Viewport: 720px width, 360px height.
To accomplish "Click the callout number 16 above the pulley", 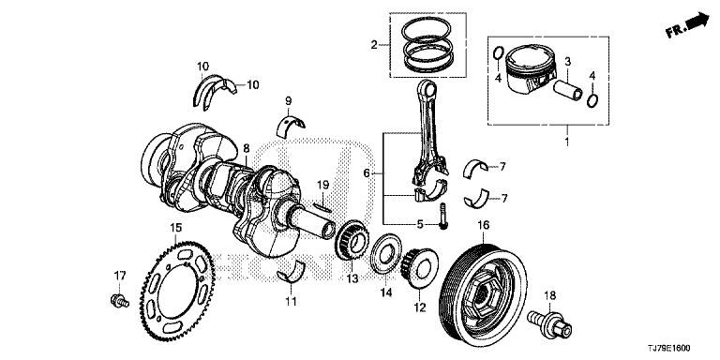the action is pos(484,225).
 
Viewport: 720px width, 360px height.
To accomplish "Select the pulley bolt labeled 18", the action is pos(549,322).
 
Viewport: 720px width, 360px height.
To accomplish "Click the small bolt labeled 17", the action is pos(119,301).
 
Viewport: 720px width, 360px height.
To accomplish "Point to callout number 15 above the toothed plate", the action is pos(176,227).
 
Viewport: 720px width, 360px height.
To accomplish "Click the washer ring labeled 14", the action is pos(386,254).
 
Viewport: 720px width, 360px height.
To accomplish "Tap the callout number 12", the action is pos(420,307).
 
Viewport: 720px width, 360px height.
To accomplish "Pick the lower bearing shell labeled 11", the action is pos(292,271).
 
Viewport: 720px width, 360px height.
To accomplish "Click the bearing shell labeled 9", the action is pos(291,125).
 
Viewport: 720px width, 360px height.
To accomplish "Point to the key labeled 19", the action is pos(323,205).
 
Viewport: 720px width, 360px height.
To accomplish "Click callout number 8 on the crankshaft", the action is pos(247,148).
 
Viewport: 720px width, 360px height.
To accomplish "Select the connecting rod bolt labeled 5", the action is pos(443,216).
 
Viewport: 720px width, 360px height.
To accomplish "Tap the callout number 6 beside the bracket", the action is pos(367,173).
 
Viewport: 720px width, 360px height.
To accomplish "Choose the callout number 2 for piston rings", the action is pos(374,45).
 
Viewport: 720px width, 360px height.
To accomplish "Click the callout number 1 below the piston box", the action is pos(566,142).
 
